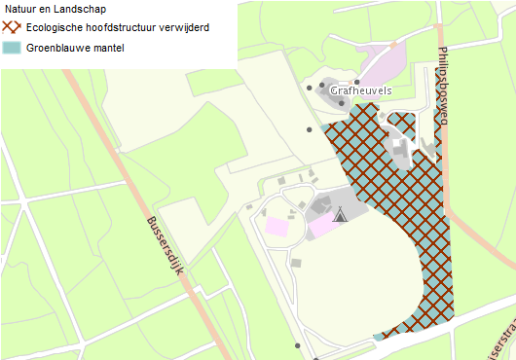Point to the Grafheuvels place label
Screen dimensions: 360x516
point(360,90)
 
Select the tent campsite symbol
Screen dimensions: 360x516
point(340,214)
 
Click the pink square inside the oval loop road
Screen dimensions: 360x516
point(277,227)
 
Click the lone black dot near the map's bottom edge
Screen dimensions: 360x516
point(298,344)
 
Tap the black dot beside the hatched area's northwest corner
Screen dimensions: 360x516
point(310,128)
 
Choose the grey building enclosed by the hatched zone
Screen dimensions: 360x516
point(398,148)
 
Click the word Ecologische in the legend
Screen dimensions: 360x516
point(61,27)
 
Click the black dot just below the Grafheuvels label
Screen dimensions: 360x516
point(341,103)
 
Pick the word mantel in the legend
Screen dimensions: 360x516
point(110,47)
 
